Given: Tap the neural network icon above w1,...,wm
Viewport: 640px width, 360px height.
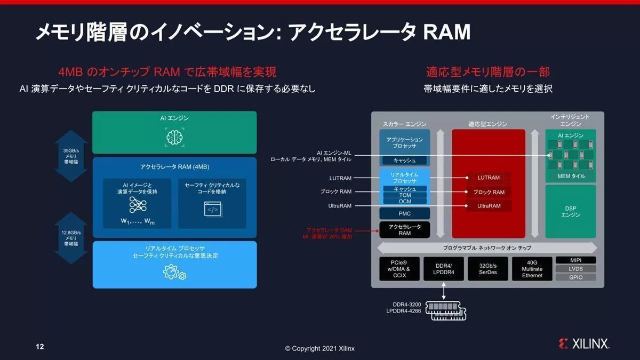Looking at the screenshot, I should (x=138, y=205).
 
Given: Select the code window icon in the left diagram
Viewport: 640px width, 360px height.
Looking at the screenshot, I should (x=212, y=209).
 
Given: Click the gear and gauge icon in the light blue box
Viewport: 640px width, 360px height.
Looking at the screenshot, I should (x=174, y=273).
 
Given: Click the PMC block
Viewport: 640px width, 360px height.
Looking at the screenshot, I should (x=404, y=213).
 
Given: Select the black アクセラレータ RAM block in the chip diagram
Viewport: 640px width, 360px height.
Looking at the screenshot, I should (x=404, y=230).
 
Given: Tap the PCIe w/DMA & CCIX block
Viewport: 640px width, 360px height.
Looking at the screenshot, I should (x=398, y=269).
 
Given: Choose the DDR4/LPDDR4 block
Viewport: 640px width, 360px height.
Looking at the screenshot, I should (x=443, y=269).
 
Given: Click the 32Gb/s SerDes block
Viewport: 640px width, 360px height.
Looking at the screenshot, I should (x=487, y=269).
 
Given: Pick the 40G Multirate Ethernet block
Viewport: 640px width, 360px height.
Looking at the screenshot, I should (x=532, y=269).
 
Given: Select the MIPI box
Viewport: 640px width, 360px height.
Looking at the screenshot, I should (x=576, y=260).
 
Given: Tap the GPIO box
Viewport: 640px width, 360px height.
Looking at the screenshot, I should (x=576, y=277).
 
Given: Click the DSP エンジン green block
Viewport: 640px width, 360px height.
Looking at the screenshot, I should (x=570, y=211).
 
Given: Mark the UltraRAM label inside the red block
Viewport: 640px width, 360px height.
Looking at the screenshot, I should (x=488, y=206).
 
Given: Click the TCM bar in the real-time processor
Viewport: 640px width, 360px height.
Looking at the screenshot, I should (x=405, y=195).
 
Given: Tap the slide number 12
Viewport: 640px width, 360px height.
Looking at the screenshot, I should (x=39, y=347).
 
